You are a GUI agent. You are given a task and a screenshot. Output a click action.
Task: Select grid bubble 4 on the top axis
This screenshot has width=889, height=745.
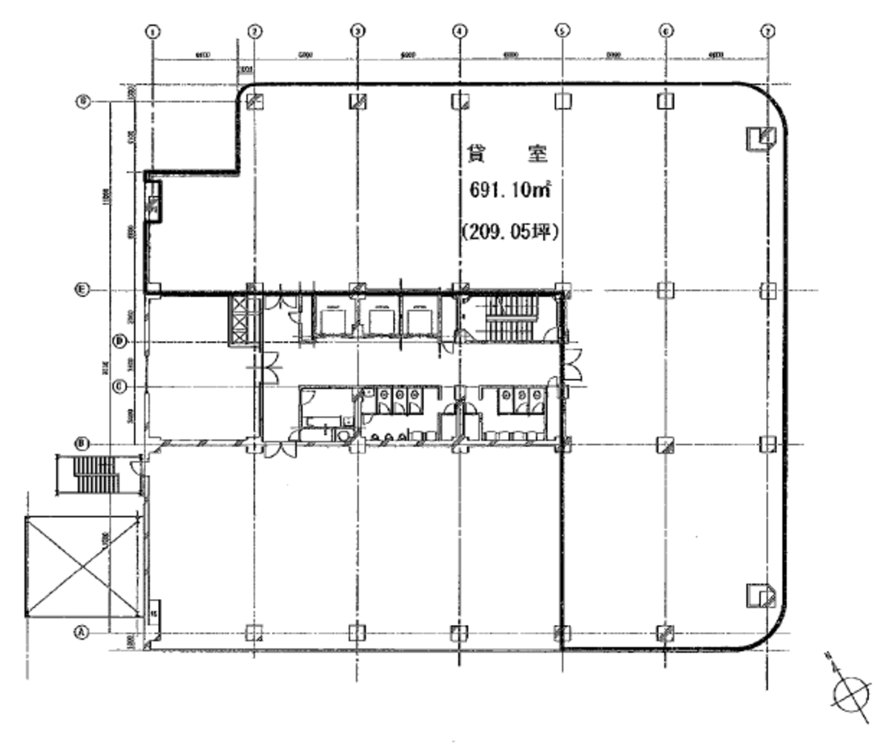point(460,31)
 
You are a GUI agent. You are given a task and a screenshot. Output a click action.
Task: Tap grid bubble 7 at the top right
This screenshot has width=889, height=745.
point(767,31)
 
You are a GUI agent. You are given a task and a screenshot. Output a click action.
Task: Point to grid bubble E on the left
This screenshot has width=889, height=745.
point(84,290)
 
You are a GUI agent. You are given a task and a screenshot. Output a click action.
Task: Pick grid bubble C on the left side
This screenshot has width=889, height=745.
point(117,386)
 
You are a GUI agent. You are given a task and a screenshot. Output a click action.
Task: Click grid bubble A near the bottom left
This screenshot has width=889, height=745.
point(82,632)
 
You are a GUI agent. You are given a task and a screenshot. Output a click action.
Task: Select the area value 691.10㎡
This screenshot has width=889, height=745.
point(508,190)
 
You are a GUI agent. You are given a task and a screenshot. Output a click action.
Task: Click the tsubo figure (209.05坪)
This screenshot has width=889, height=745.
point(508,231)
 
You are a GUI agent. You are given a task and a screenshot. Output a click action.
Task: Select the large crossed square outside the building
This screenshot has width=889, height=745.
point(82,566)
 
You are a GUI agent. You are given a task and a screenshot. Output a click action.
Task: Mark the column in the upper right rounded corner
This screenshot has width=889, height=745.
point(761,137)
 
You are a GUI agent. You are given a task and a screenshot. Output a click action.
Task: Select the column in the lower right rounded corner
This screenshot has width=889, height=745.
point(761,595)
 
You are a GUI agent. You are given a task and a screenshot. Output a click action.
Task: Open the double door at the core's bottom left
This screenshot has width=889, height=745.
point(281,450)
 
